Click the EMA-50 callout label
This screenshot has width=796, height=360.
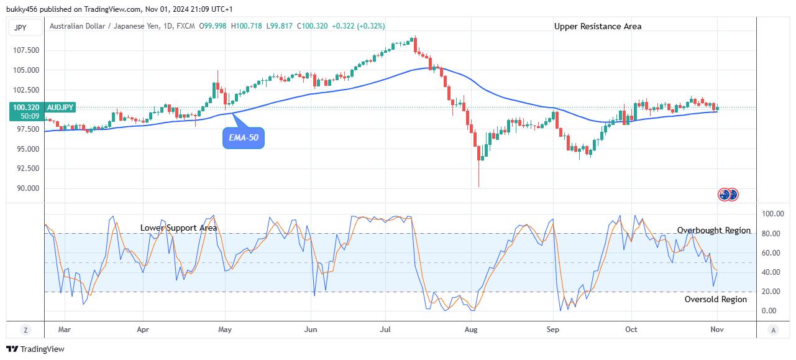tap(244, 138)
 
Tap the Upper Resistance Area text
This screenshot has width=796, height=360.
tap(598, 26)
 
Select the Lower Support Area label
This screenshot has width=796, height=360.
tap(179, 228)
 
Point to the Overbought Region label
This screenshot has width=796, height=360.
tap(714, 231)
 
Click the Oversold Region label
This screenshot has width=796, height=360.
tap(716, 300)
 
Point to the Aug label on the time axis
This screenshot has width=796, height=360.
tap(472, 330)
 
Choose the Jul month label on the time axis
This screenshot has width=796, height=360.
tap(386, 330)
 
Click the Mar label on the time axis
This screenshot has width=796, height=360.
tap(64, 330)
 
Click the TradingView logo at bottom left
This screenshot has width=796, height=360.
tap(35, 349)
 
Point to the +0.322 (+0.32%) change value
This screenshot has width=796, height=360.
tap(359, 26)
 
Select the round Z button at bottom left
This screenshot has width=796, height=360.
tap(25, 330)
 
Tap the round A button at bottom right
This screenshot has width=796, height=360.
tap(772, 330)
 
